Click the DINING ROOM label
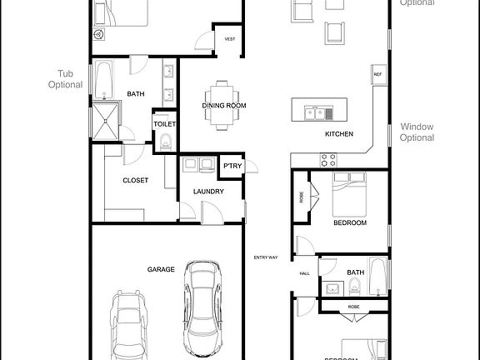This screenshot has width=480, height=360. [222, 105]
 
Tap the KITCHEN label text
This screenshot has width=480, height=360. [339, 134]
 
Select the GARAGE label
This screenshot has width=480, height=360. [161, 269]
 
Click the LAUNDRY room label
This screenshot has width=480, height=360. [208, 192]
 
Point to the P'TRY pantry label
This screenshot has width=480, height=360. [232, 166]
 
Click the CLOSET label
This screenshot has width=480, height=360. [135, 180]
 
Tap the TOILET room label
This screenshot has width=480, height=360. [164, 124]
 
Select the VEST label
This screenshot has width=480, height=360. [228, 38]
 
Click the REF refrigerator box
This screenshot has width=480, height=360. [377, 75]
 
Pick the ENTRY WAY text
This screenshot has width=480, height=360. [266, 257]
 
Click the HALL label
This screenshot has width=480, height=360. [304, 273]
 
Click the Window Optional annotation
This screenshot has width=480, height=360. [417, 132]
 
